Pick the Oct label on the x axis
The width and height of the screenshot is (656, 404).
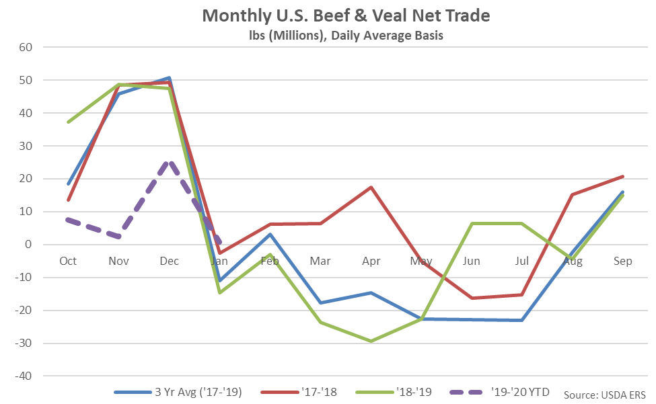[68, 261]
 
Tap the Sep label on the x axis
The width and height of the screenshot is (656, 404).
[623, 261]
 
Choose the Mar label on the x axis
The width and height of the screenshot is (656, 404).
[320, 261]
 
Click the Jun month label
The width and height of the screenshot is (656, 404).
[471, 261]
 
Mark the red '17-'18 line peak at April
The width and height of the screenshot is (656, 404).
[371, 187]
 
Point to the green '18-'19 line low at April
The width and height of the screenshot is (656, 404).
[371, 341]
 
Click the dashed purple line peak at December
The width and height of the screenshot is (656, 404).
[170, 161]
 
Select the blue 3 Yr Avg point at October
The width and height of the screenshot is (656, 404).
[68, 184]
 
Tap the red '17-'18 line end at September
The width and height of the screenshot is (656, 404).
[623, 176]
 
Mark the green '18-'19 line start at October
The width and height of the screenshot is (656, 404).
[68, 122]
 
